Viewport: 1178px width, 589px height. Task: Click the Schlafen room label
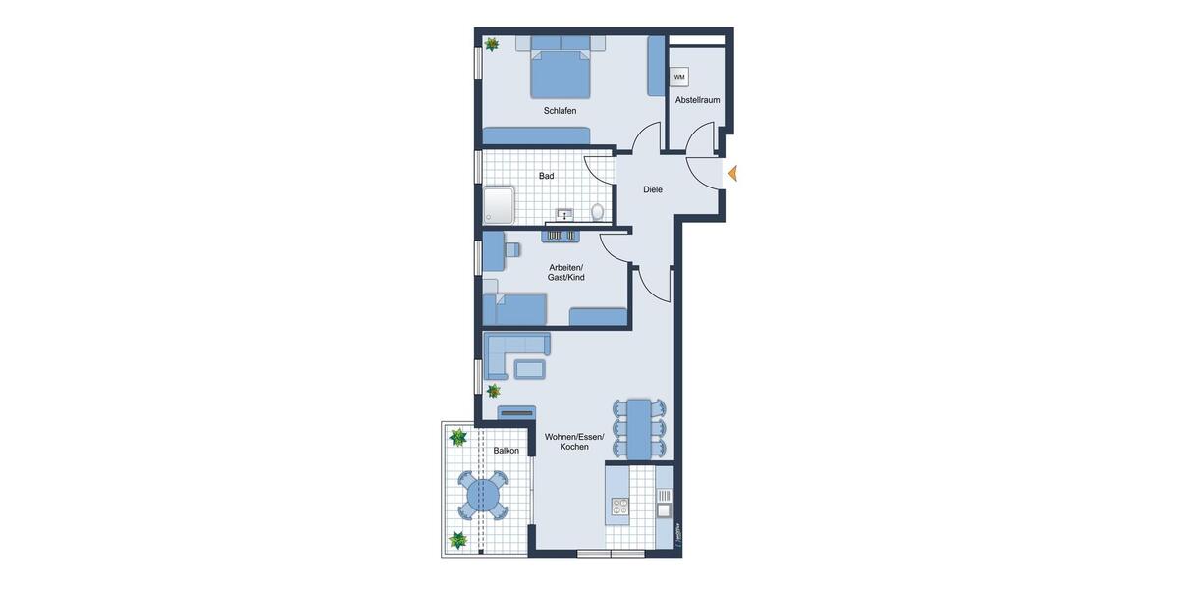coord(560,111)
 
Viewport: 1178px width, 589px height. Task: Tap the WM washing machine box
coord(679,77)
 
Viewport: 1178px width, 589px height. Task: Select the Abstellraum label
coord(697,100)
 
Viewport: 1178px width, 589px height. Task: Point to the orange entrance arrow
coord(731,174)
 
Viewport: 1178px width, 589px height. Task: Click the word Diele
coord(653,189)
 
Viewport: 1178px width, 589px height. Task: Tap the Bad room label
coord(546,176)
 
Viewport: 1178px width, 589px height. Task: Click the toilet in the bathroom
coord(597,211)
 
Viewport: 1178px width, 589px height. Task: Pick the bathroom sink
coord(565,213)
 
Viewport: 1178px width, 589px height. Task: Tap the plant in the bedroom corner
coord(491,44)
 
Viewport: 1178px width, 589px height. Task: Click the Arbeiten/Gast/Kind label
coord(565,273)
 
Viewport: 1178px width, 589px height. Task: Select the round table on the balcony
coord(481,495)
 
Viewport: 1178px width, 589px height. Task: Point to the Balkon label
coord(507,451)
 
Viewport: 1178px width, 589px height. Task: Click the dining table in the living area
coord(639,428)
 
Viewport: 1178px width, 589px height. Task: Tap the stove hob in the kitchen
coord(620,507)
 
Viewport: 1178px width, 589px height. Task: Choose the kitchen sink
coord(664,509)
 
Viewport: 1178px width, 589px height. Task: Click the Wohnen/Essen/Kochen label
coord(574,441)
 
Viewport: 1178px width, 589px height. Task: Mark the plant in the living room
coord(494,391)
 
